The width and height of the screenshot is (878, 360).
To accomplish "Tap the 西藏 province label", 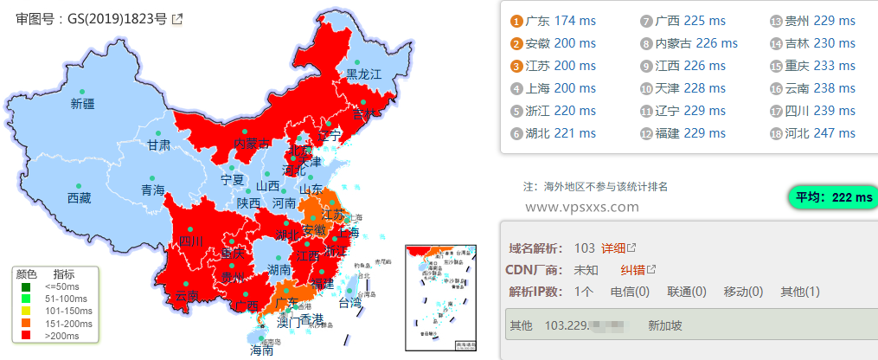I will click(x=79, y=198).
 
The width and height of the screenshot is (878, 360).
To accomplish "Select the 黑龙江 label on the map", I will click(x=363, y=74).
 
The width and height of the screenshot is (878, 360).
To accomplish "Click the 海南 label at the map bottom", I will click(x=262, y=350).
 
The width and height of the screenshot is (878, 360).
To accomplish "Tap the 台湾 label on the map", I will click(x=349, y=303).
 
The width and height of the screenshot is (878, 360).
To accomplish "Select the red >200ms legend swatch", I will click(x=27, y=334).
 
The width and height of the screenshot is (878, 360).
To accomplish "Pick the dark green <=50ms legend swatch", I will click(x=27, y=287).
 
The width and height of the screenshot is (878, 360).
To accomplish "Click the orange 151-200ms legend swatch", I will click(x=27, y=323).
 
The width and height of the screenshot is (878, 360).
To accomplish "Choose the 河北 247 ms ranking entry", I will click(x=822, y=132).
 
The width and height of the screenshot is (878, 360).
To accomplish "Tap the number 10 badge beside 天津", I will click(x=646, y=87).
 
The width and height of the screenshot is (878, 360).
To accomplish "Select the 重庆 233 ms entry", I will click(x=822, y=65).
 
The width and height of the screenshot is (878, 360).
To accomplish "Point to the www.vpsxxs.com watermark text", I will click(x=582, y=207).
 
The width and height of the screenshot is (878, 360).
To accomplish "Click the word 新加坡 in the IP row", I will click(x=665, y=326).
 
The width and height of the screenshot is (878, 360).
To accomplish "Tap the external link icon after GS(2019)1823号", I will click(x=177, y=18).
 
